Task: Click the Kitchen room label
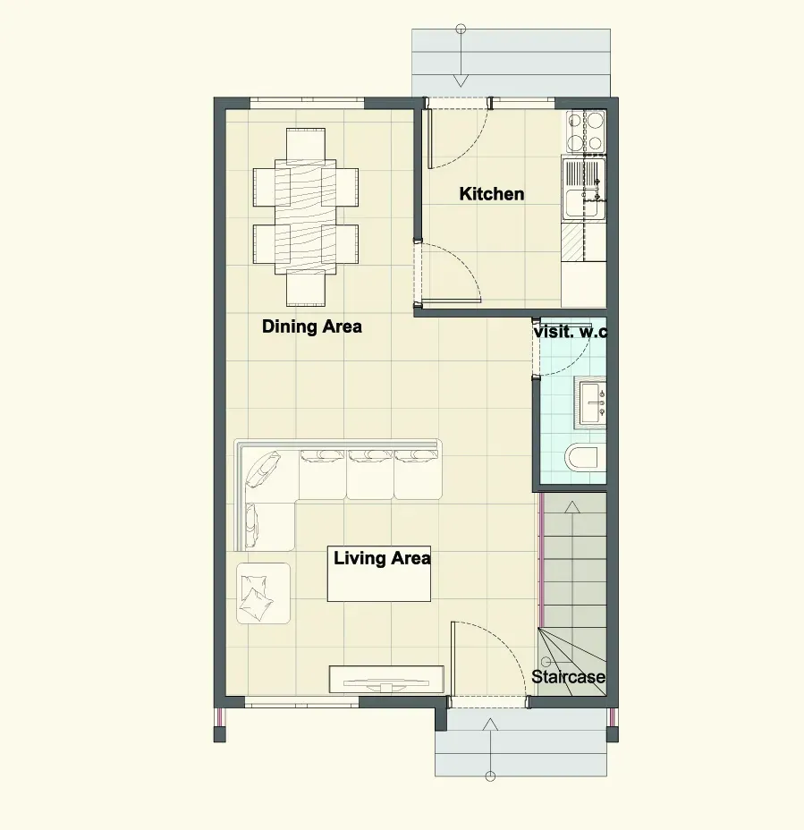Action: [492, 194]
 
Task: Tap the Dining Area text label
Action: [312, 326]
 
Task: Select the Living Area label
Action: [382, 558]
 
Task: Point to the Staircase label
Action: [569, 676]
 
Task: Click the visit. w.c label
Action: [571, 332]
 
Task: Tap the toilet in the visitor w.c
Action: [582, 457]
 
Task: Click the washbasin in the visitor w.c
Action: [590, 403]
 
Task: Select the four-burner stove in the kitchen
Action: [585, 131]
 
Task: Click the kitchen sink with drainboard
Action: [584, 189]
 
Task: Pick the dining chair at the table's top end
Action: [306, 144]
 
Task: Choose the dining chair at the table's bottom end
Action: [306, 288]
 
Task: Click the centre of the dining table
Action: [306, 217]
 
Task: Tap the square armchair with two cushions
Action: [263, 593]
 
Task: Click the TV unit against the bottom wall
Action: [386, 679]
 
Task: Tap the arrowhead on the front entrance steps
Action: [491, 724]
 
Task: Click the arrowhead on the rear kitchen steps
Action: [461, 81]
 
